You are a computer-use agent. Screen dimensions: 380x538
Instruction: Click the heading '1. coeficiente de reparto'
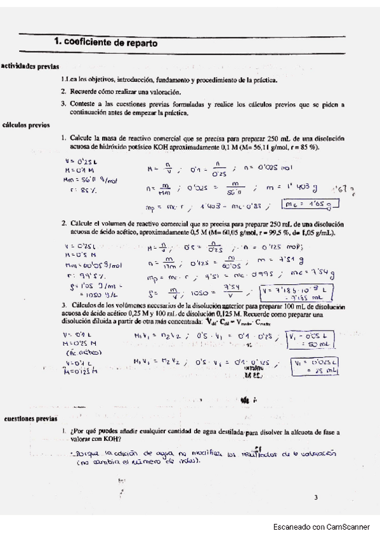coord(105,42)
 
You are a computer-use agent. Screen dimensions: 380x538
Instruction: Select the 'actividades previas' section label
coord(30,66)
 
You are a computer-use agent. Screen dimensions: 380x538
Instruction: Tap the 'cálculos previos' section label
coord(26,125)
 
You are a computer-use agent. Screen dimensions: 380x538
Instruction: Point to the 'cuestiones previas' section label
coord(30,419)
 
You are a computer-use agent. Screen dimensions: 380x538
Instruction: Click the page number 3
coord(315,497)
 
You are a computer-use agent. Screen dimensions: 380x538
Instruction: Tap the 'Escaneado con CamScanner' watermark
coord(322,527)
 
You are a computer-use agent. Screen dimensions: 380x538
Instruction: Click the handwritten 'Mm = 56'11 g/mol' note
coord(91,180)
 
